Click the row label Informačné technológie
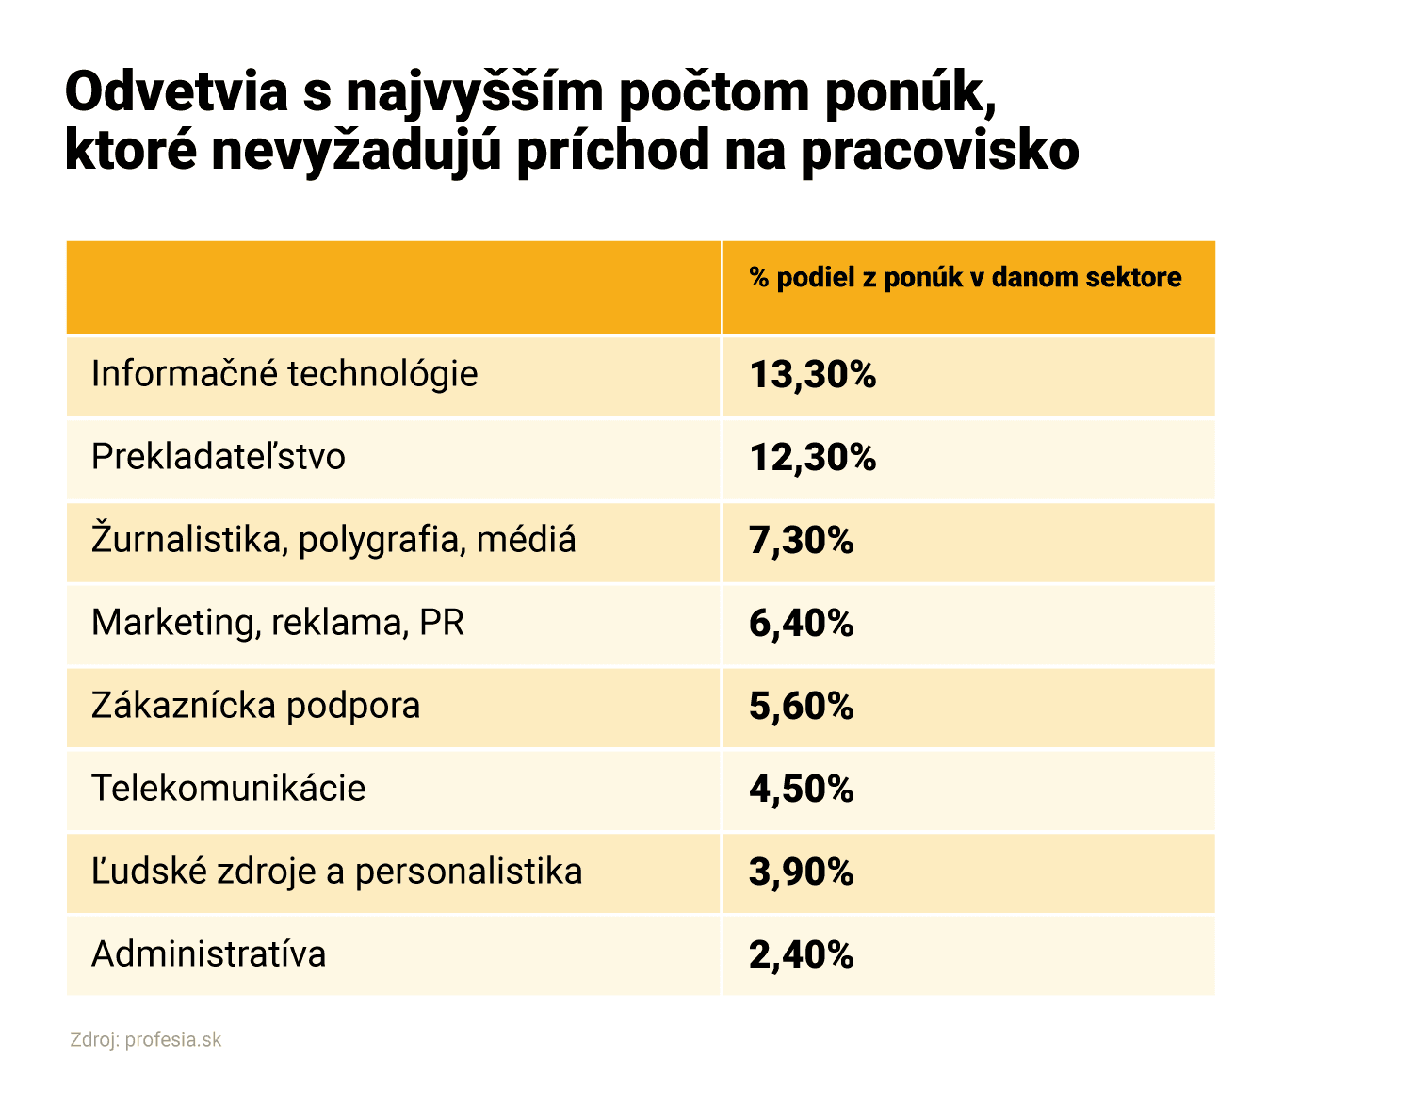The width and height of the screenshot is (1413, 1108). point(284,375)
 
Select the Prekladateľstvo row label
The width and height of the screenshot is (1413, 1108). point(219,458)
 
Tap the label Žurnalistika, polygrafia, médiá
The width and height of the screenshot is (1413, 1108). point(333,541)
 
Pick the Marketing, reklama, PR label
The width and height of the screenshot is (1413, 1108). point(278,624)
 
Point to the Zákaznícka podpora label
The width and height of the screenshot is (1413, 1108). point(255,707)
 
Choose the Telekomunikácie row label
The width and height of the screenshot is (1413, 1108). point(228,790)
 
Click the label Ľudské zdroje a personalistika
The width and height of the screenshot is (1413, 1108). point(336,872)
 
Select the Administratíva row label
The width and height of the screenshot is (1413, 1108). point(208,955)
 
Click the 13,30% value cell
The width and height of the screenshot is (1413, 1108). point(812,375)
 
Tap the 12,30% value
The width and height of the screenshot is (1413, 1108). point(812,458)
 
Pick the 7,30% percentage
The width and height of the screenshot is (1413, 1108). point(801,541)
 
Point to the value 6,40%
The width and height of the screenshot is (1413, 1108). point(801,624)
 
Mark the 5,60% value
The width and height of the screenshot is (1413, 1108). point(801,707)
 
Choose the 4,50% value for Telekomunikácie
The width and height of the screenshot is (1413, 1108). point(801,790)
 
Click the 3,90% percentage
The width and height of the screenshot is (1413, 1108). point(801,872)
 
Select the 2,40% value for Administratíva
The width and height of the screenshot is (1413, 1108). point(801,955)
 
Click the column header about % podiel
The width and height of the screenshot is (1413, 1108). point(965,278)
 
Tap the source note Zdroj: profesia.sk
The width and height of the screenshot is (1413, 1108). point(146,1040)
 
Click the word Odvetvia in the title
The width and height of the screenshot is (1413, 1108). point(176,93)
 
